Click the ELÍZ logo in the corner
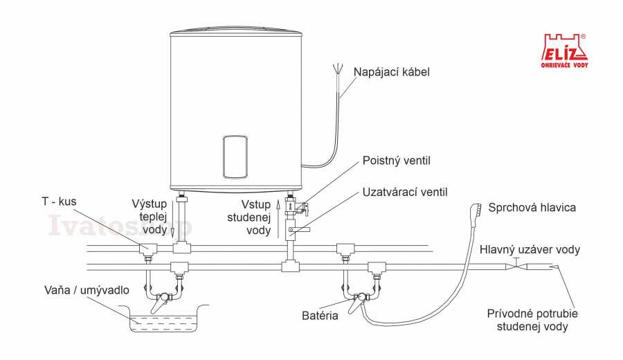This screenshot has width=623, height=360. [563, 51]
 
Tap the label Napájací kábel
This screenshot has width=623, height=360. [392, 71]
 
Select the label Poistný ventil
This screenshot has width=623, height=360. [396, 161]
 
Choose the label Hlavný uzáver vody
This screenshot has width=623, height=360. [530, 249]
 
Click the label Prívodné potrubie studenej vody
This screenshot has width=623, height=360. [533, 319]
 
